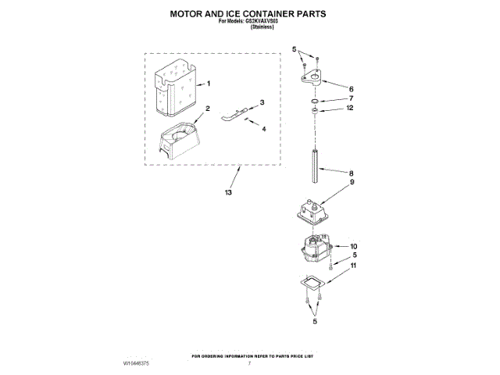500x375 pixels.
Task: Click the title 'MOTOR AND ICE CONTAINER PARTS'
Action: coord(248,13)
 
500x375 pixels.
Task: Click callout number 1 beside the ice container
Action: coord(209,84)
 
